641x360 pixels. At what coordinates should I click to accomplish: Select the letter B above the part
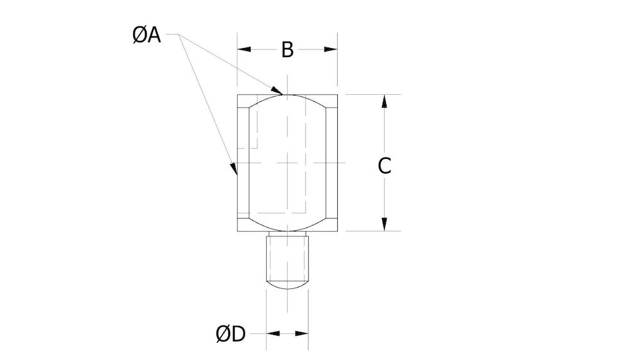(x=287, y=49)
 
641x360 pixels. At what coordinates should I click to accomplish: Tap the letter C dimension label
(x=384, y=165)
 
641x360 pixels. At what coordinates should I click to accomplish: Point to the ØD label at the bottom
(x=231, y=334)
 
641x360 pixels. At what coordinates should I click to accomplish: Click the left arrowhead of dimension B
(x=244, y=49)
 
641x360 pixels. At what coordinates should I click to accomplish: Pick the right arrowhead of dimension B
(x=331, y=49)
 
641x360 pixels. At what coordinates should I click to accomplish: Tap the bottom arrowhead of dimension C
(x=384, y=224)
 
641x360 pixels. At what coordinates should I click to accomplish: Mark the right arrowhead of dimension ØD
(x=303, y=334)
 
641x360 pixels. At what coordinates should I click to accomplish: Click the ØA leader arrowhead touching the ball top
(x=278, y=90)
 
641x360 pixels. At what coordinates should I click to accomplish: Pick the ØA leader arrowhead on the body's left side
(x=235, y=169)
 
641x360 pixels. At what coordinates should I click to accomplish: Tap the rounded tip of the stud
(x=287, y=283)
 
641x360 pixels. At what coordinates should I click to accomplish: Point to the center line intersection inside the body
(x=287, y=163)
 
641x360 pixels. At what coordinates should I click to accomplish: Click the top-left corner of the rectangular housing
(x=238, y=95)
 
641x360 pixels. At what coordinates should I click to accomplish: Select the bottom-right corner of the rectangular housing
(x=337, y=231)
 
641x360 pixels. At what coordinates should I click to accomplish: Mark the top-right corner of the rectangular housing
(x=337, y=95)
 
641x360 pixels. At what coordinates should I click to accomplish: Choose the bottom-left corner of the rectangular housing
(x=238, y=231)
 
